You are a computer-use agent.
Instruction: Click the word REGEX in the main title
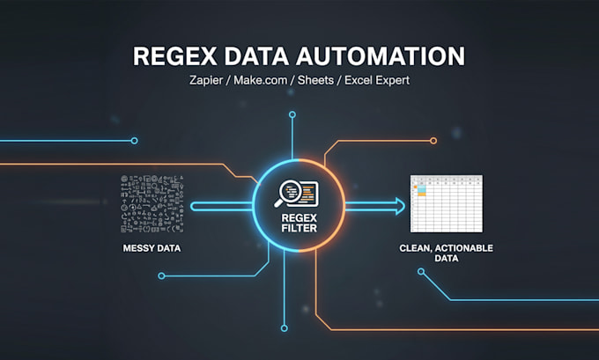click(175, 56)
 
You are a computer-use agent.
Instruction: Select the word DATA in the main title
click(256, 56)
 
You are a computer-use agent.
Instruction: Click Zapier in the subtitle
click(206, 81)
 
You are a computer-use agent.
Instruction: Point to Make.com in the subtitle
click(260, 80)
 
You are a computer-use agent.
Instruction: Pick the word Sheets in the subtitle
click(315, 80)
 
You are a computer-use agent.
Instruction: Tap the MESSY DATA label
click(152, 248)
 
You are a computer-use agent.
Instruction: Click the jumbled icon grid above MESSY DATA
click(152, 204)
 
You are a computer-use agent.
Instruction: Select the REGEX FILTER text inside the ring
click(299, 223)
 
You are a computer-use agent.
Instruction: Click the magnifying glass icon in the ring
click(287, 192)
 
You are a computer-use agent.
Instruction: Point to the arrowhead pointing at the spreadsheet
click(400, 207)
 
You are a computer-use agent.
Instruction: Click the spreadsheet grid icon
click(447, 203)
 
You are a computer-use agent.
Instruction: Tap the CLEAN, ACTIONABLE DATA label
click(447, 253)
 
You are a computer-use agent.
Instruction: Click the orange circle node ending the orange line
click(433, 141)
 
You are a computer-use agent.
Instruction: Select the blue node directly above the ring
click(292, 114)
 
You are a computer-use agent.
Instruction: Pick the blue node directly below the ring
click(284, 328)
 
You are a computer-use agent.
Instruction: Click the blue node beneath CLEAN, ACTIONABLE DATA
click(421, 271)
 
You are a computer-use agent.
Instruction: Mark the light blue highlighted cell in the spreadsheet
click(421, 188)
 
